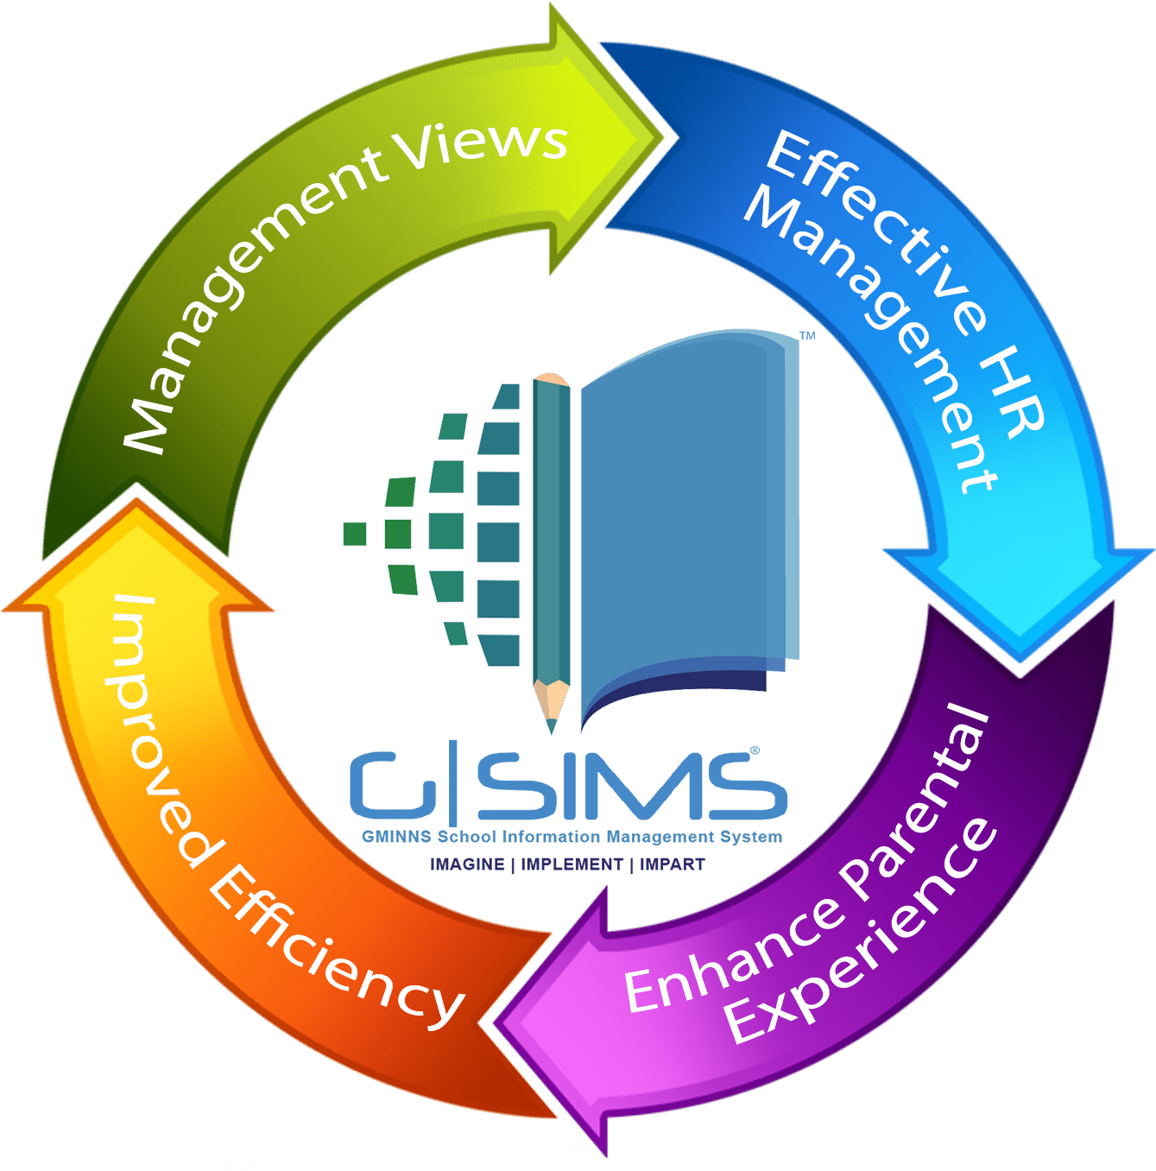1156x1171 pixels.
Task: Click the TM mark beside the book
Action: point(807,336)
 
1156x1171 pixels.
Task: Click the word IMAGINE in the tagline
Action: point(467,864)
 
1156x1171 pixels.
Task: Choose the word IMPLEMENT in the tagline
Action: point(572,864)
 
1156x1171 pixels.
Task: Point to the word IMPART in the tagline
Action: point(672,864)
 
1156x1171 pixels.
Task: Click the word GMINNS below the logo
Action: point(397,837)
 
